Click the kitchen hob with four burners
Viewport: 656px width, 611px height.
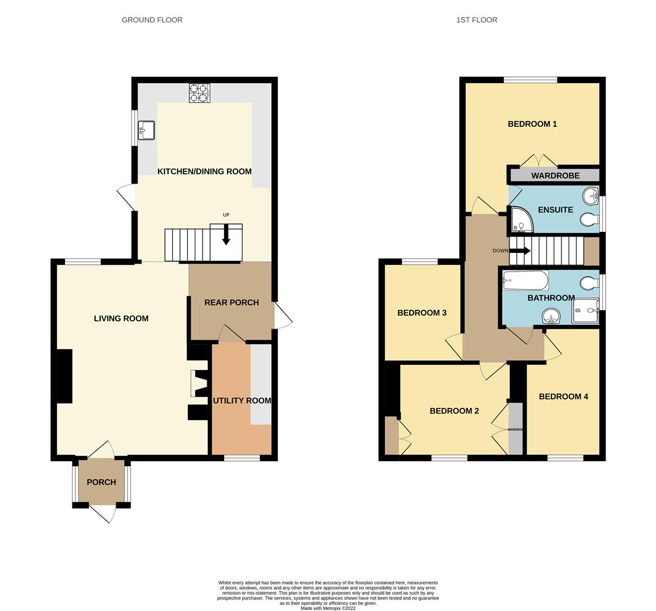point(199,93)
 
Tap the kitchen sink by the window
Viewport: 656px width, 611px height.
point(146,130)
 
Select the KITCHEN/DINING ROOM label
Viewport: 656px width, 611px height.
point(204,171)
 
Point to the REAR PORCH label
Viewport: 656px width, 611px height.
point(231,303)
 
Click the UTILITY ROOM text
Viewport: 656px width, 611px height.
point(242,401)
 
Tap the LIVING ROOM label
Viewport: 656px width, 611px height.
point(121,319)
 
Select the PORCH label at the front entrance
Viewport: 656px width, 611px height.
point(101,483)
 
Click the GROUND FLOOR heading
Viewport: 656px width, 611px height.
point(152,20)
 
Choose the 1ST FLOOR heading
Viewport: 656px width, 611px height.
point(477,20)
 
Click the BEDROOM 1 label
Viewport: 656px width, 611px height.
point(532,124)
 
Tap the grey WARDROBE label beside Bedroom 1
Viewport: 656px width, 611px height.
point(555,175)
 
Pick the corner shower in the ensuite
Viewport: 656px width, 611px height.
point(520,221)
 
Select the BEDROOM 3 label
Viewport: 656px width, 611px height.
point(422,313)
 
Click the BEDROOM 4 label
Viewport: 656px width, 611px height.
point(563,397)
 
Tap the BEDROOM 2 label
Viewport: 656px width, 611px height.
point(454,411)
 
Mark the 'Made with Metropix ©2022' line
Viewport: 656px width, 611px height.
point(328,609)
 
